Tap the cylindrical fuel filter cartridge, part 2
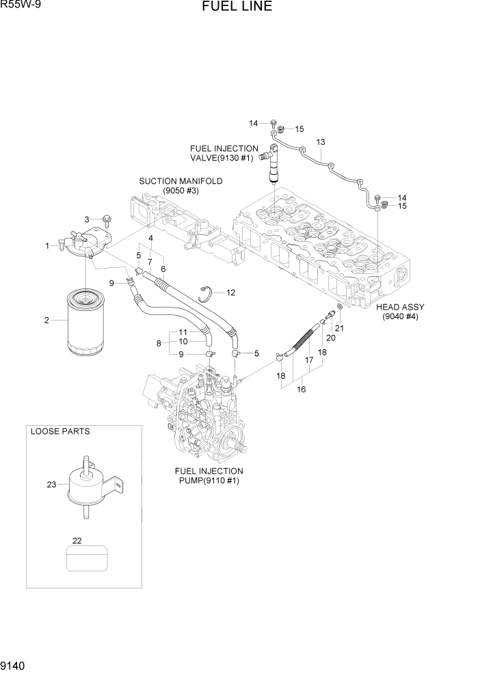tap(86, 321)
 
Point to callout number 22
tap(77, 541)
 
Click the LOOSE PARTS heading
tap(60, 431)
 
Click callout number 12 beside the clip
tap(230, 293)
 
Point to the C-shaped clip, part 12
tap(209, 295)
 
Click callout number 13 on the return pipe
tap(319, 142)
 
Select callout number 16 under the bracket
tap(301, 390)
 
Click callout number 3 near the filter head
tap(87, 219)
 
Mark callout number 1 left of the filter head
tap(48, 245)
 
